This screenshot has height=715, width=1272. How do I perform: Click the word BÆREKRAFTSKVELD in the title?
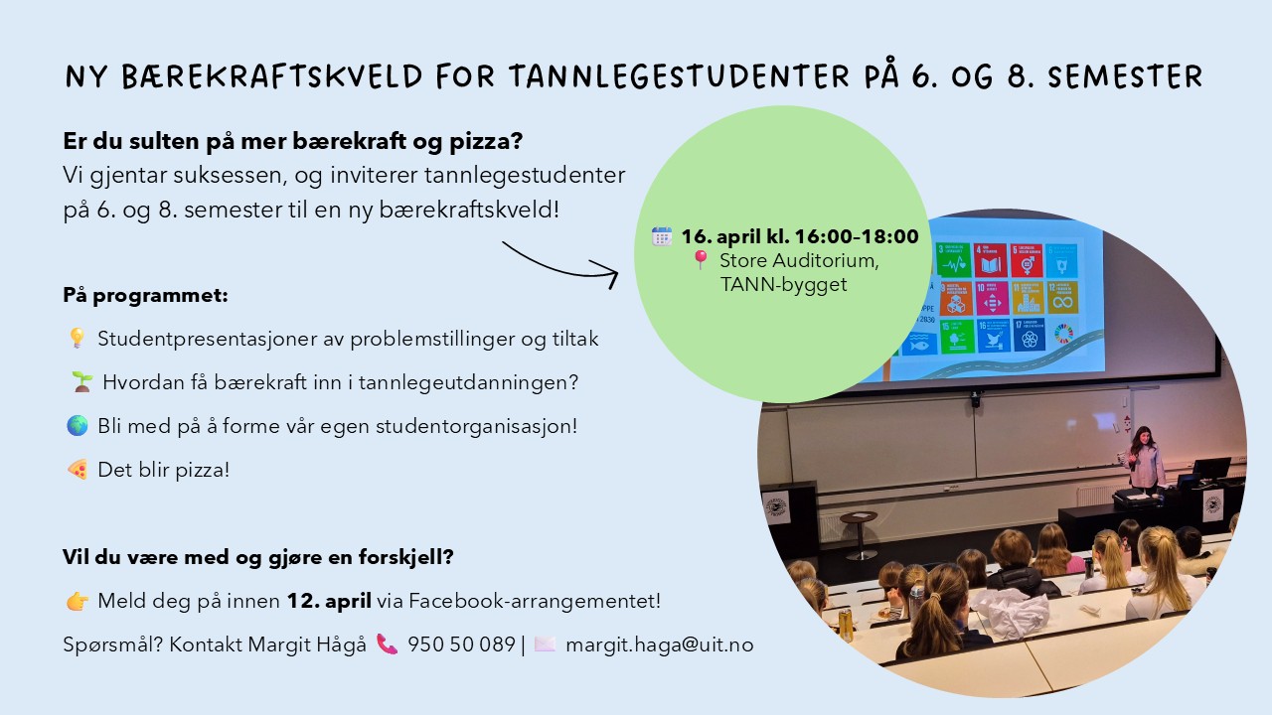272,76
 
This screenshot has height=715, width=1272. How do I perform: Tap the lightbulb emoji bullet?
77,338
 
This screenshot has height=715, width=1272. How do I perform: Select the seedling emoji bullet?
82,381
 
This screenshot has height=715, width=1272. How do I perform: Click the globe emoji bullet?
78,426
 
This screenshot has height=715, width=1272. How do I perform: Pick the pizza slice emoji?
78,470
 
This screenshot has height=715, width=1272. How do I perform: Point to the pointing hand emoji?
78,601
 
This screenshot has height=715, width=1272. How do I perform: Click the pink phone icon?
387,644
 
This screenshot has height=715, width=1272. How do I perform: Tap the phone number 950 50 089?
461,644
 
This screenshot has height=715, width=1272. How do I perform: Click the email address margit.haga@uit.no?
660,645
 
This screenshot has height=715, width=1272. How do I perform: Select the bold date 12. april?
329,601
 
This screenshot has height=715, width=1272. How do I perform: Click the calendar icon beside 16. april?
662,236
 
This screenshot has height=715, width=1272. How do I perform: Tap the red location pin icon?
701,260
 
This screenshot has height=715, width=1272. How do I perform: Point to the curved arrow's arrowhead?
609,274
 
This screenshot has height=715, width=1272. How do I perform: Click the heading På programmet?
145,296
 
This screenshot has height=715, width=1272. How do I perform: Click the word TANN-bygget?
784,284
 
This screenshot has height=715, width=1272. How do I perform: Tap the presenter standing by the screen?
1144,459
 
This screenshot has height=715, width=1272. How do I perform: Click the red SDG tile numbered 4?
991,260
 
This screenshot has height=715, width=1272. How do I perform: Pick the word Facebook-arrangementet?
535,601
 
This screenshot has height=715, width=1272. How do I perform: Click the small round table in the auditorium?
859,534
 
